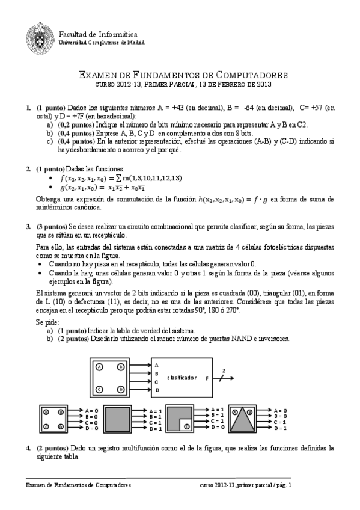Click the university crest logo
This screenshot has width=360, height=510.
(x=39, y=37)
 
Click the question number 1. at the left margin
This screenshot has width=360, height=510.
(x=28, y=108)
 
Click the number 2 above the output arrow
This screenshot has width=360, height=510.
(x=224, y=370)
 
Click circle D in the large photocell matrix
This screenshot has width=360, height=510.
(x=120, y=389)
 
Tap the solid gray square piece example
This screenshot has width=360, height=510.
(x=121, y=419)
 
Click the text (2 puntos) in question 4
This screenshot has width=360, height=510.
(x=50, y=448)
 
